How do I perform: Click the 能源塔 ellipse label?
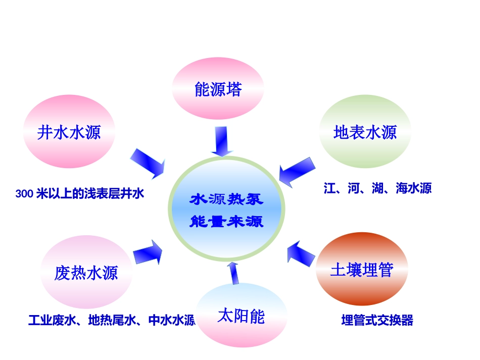(x=218, y=90)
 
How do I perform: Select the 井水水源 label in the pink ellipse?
(x=69, y=133)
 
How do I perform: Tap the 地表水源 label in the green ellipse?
(x=365, y=133)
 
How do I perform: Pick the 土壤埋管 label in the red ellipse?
(x=361, y=270)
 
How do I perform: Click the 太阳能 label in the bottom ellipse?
(x=241, y=317)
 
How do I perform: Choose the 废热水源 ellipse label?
(x=86, y=273)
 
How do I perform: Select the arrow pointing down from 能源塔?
(x=221, y=141)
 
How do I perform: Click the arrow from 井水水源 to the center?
(x=148, y=163)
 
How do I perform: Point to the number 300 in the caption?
(x=24, y=193)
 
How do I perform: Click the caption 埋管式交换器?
(x=377, y=320)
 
